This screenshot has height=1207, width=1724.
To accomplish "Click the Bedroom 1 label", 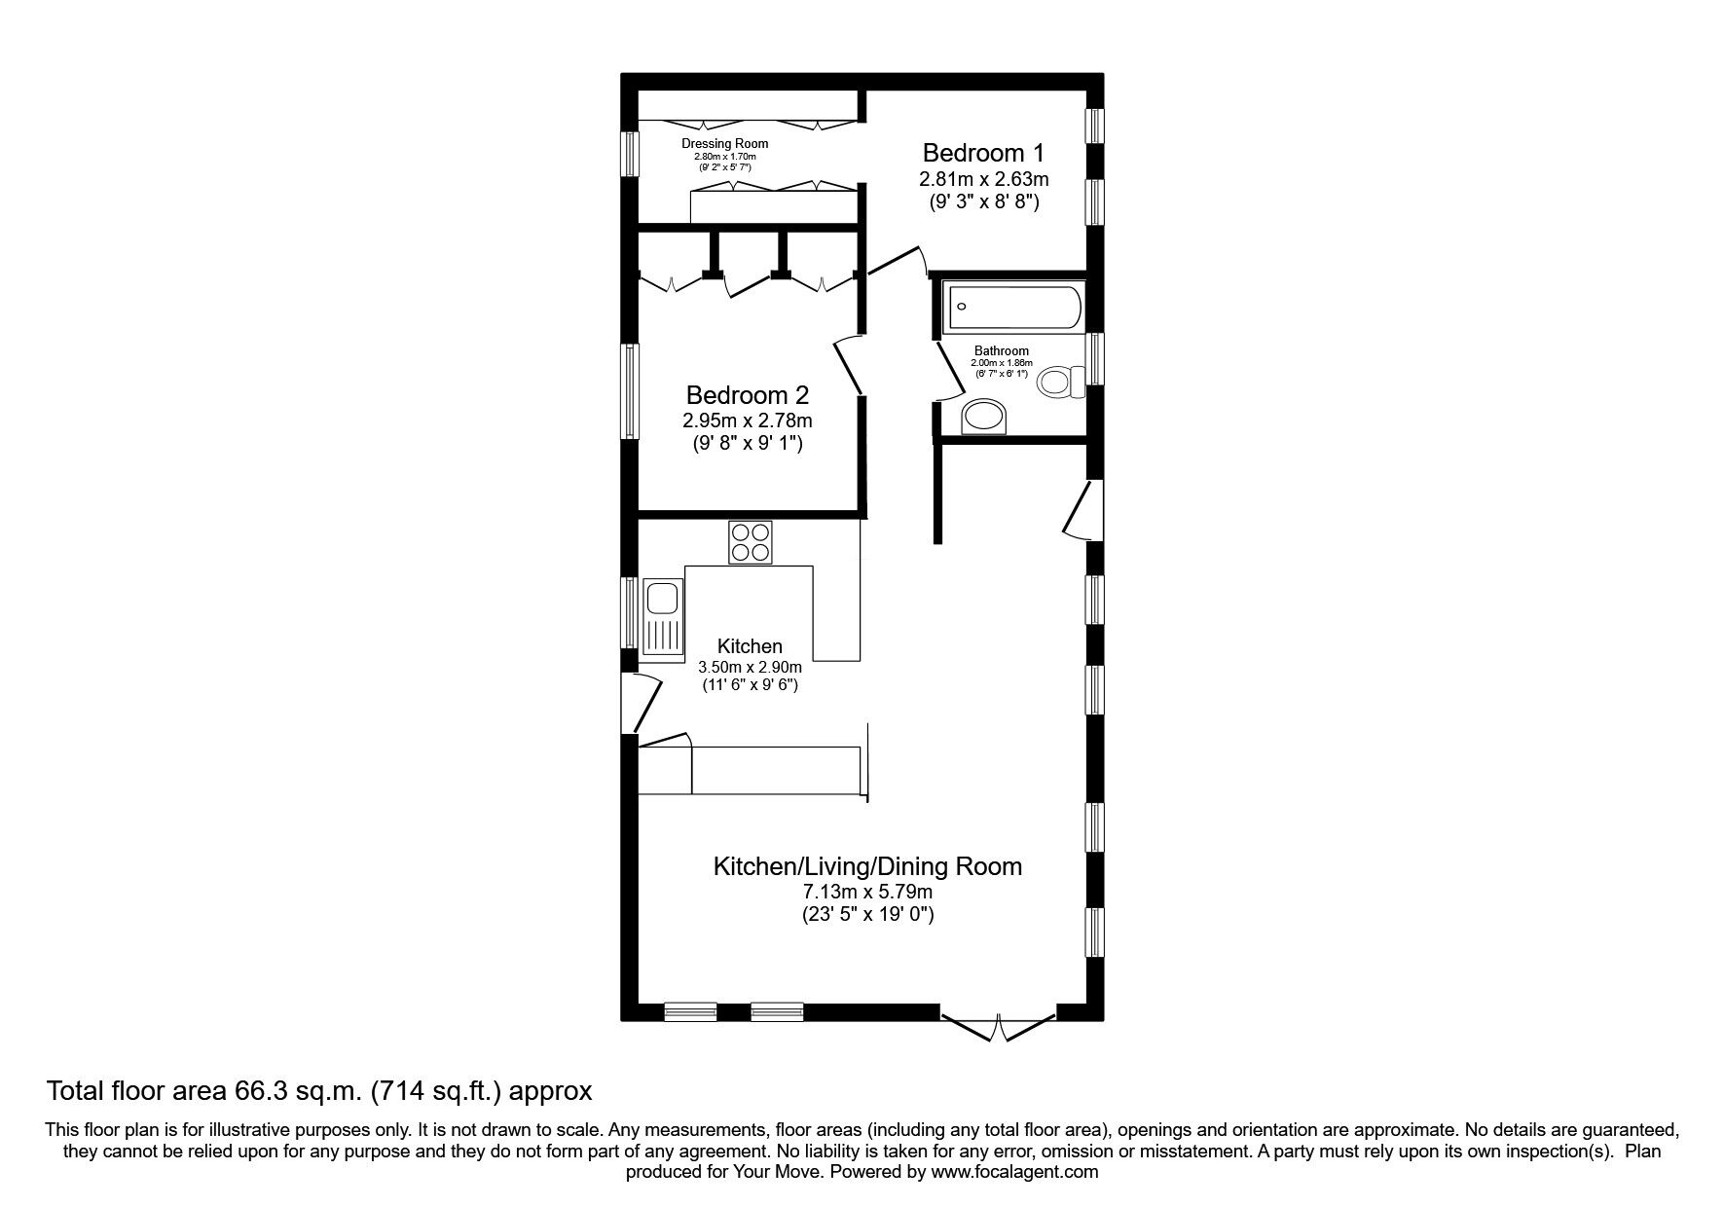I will point(983,153).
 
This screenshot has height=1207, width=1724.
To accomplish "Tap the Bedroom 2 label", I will point(747,395).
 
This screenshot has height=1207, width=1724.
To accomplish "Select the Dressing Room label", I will point(724,144).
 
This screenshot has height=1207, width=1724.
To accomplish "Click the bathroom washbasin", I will point(985,419).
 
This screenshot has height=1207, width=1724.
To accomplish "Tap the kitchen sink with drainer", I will point(662,618).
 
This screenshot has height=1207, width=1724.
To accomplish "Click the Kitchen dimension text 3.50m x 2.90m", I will point(750,668).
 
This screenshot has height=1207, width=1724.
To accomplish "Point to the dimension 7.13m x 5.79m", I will point(867,892).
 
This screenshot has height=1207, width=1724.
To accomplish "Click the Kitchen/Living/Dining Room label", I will point(867,866).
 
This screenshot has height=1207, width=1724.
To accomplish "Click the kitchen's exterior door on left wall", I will point(642,701).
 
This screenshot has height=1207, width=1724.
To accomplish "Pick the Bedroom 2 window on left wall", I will point(631,393).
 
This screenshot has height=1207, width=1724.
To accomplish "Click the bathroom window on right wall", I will point(1095,358).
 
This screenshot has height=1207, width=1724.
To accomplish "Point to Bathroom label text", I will point(1001,351).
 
